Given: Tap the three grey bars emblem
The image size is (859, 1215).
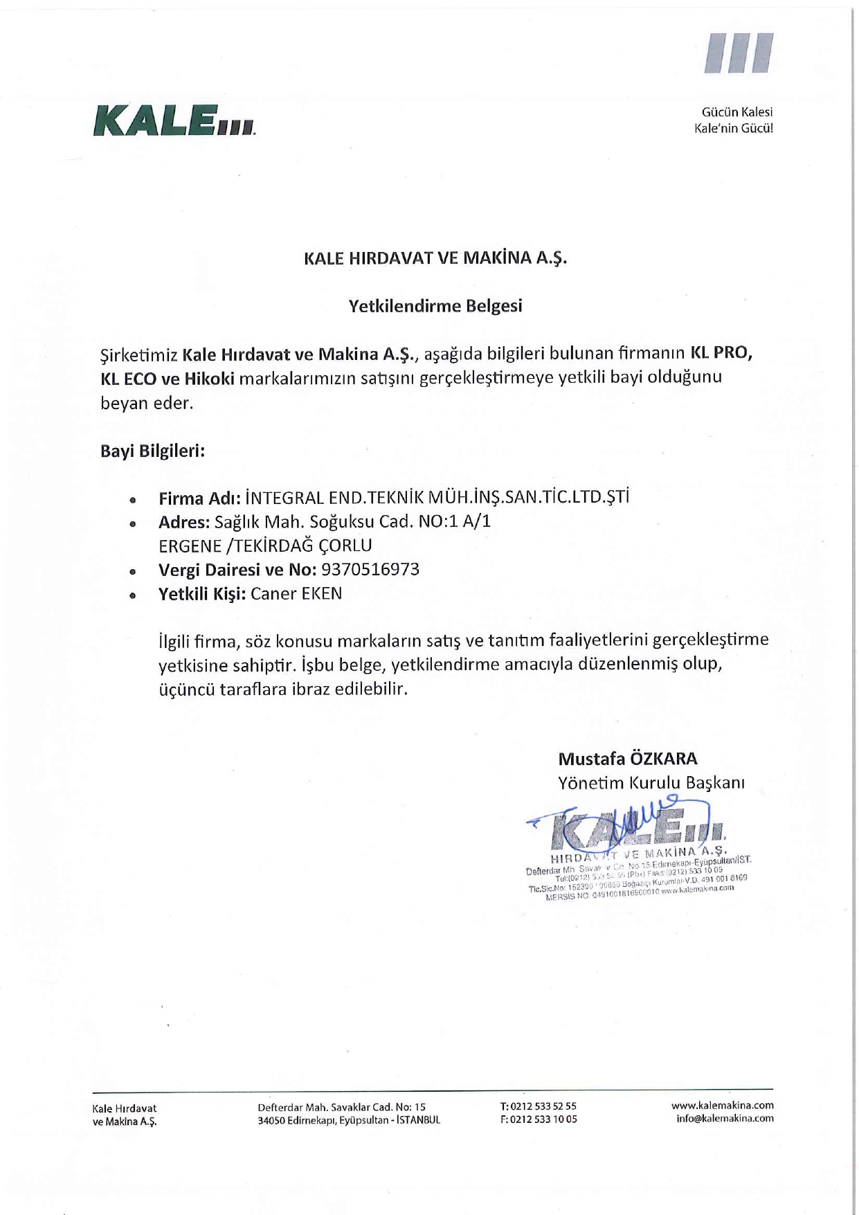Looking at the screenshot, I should (x=739, y=53).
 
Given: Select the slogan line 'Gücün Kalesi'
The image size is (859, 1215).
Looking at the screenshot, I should (x=737, y=112).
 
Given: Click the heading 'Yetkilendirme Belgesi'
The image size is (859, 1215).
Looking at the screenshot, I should (x=435, y=306).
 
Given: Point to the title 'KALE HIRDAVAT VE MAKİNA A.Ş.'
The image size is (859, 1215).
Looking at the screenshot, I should (x=435, y=258).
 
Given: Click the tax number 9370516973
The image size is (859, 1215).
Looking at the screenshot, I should (x=371, y=570).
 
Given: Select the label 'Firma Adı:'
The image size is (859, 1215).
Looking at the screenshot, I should (x=199, y=498).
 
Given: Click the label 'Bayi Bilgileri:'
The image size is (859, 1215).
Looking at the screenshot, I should (x=153, y=451).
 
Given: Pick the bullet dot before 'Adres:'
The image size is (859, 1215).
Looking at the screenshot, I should (x=132, y=525).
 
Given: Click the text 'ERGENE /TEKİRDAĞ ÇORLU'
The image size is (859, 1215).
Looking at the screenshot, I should (x=265, y=546).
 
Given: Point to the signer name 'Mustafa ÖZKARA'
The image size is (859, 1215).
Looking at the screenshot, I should (x=628, y=759).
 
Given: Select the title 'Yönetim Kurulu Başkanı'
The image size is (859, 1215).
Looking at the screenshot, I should (x=651, y=783).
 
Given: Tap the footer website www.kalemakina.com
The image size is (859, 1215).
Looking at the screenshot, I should (x=723, y=1106).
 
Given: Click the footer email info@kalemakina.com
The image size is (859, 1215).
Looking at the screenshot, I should (x=725, y=1119).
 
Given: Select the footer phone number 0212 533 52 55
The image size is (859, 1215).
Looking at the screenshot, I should (x=543, y=1106).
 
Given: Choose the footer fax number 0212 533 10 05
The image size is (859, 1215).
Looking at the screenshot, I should (x=543, y=1119).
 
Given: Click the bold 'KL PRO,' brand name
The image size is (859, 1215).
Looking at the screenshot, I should (x=721, y=353).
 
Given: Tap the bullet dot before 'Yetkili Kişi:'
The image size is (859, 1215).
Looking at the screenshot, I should (x=132, y=595).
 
